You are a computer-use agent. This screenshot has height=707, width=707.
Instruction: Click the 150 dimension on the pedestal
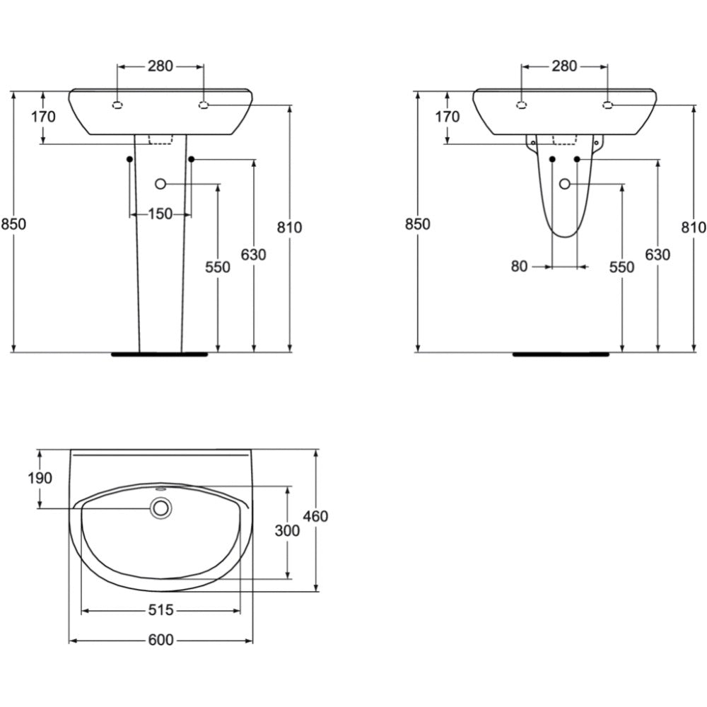tap(160, 214)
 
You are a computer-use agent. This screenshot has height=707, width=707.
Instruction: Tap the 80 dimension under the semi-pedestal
tap(519, 267)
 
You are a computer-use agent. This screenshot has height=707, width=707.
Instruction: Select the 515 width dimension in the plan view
tap(161, 610)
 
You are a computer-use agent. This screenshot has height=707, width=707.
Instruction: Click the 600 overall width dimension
tap(161, 640)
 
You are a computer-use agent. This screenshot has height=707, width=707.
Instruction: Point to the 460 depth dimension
tap(315, 516)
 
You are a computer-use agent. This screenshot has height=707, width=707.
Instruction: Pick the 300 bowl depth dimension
tap(287, 531)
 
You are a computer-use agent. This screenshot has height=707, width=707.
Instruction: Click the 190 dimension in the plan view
tap(40, 478)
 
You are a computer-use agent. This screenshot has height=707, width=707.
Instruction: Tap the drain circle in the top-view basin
tap(161, 508)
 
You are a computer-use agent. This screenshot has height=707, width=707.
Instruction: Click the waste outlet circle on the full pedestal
tap(160, 184)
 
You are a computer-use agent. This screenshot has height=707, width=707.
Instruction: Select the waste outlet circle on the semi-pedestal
tap(564, 184)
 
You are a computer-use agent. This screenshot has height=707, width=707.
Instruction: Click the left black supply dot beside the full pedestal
tap(130, 159)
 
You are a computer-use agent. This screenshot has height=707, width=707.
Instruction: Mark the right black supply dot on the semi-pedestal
tap(577, 159)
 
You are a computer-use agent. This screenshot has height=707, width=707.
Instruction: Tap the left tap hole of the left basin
tap(117, 105)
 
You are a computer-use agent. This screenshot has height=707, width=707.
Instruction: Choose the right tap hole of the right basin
tap(608, 105)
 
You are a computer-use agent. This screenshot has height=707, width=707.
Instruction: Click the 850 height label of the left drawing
tap(13, 224)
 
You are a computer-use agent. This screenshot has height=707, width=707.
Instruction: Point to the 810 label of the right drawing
tap(694, 227)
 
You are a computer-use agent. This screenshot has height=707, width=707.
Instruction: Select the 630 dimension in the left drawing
tap(253, 255)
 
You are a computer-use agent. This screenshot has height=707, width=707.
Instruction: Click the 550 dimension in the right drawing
tap(621, 267)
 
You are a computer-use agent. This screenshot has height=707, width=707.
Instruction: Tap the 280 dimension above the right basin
tap(564, 66)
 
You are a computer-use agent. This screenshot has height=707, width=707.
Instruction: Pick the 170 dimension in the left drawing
tap(43, 117)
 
